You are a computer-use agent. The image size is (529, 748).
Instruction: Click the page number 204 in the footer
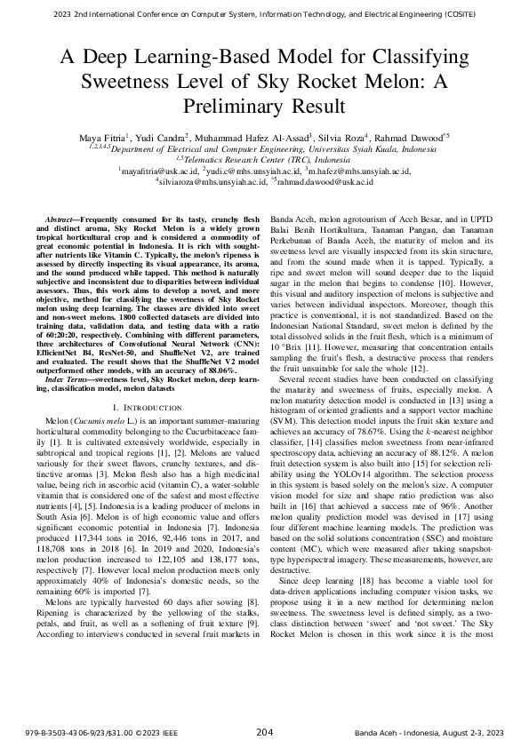click(264, 732)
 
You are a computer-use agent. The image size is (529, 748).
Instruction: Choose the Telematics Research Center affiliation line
click(264, 159)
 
